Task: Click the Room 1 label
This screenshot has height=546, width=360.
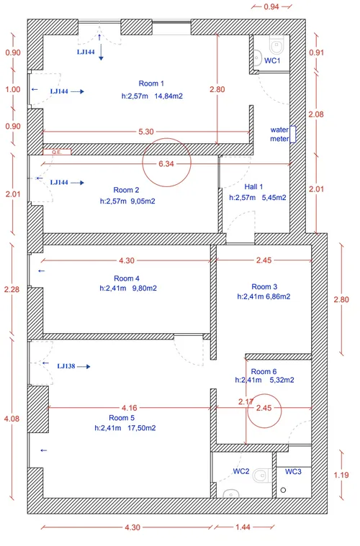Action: pos(151,83)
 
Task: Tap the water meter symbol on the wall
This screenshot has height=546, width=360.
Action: pos(294,135)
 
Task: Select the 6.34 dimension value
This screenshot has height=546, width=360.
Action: pos(166,164)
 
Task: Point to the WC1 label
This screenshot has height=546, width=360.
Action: pos(272,60)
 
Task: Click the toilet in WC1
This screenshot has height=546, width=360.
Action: pos(277,45)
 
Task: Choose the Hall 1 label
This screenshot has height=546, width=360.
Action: pos(253,187)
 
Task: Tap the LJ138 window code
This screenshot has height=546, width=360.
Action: pos(66,366)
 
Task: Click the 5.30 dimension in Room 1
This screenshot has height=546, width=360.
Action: pos(146,132)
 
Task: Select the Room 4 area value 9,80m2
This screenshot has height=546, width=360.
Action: pos(144,288)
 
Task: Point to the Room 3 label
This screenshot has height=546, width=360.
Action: pos(264,287)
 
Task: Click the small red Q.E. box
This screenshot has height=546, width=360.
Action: pos(57,153)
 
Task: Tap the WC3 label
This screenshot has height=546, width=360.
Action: pos(293,471)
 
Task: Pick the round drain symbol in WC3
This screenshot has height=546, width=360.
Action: pos(283,490)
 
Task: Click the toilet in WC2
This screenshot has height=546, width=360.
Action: pos(262,475)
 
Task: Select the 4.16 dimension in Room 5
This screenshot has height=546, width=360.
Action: pos(130,408)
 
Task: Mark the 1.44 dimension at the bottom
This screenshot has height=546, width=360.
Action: pos(243,527)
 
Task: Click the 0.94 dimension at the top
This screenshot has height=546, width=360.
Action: pos(271,6)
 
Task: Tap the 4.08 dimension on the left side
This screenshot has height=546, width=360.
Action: pos(12,419)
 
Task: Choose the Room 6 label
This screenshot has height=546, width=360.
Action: pos(264,371)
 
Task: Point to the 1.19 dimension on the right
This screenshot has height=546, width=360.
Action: pos(341,475)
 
